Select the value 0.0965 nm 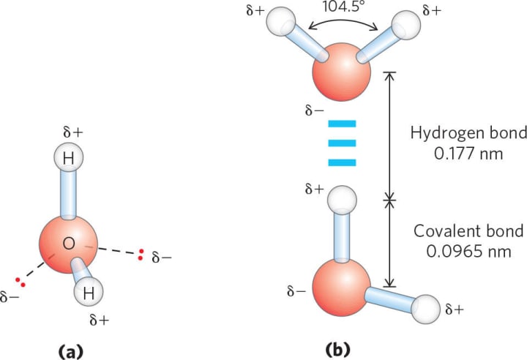[x=468, y=250]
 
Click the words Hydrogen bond [x=468, y=134]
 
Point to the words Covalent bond [x=468, y=231]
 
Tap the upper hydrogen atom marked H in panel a [x=68, y=157]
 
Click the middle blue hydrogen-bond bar [x=341, y=142]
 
